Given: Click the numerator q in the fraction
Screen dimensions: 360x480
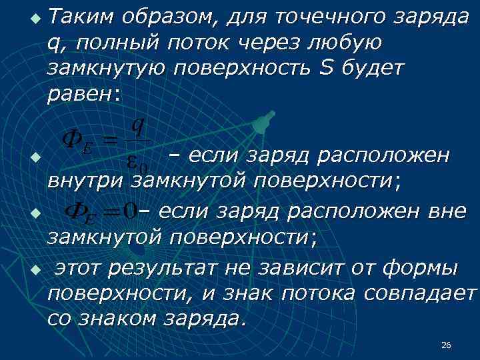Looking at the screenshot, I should click(137, 124).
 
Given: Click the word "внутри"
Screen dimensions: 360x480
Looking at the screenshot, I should click(85, 180).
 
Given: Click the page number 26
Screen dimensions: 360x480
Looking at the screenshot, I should click(446, 345).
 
